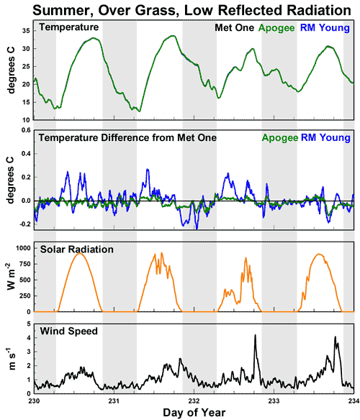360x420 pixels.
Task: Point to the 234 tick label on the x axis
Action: point(351,399)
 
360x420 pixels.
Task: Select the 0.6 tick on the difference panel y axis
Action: point(24,130)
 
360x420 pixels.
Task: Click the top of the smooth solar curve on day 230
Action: point(80,253)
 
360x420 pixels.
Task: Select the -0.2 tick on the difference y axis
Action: point(22,224)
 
